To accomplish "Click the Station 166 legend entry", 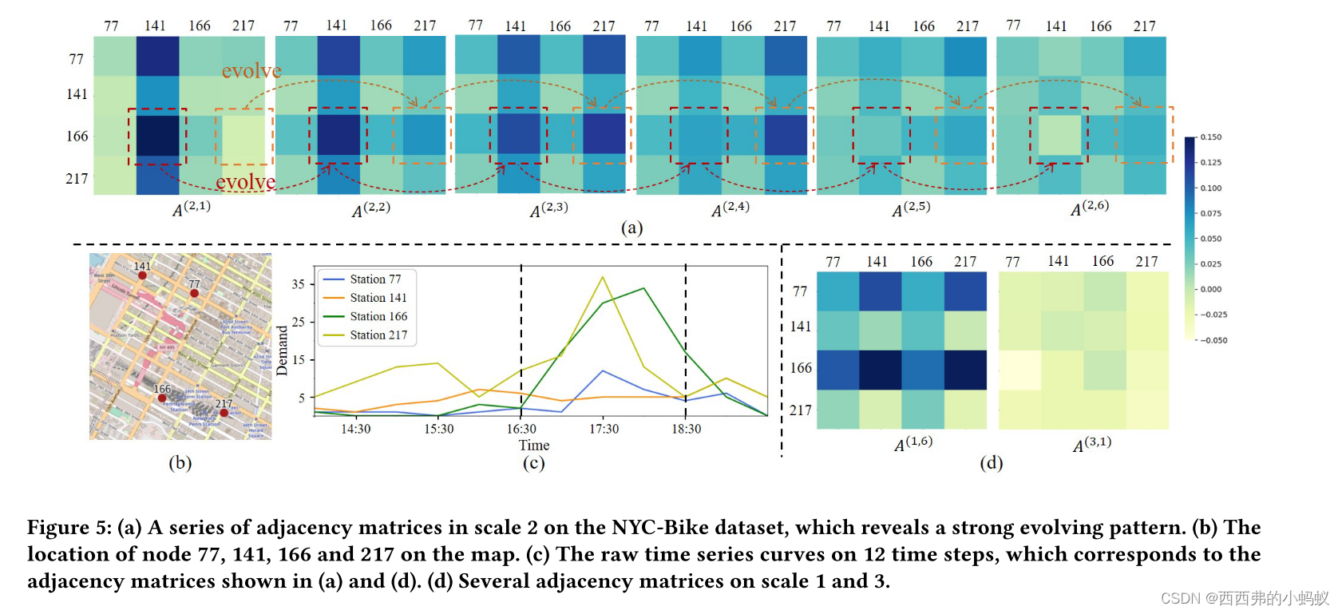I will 378,316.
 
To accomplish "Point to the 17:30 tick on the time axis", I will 604,429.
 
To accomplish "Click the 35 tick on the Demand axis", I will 299,284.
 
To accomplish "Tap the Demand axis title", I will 282,351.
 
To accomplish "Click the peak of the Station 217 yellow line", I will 603,277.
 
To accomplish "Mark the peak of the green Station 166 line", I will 643,288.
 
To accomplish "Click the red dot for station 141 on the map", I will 142,275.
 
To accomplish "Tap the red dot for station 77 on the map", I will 194,293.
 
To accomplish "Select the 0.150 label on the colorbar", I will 1211,137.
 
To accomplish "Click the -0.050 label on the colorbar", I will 1213,340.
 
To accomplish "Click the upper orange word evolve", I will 251,71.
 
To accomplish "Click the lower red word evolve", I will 245,182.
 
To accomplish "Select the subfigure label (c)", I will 533,463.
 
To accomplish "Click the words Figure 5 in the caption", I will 69,528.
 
